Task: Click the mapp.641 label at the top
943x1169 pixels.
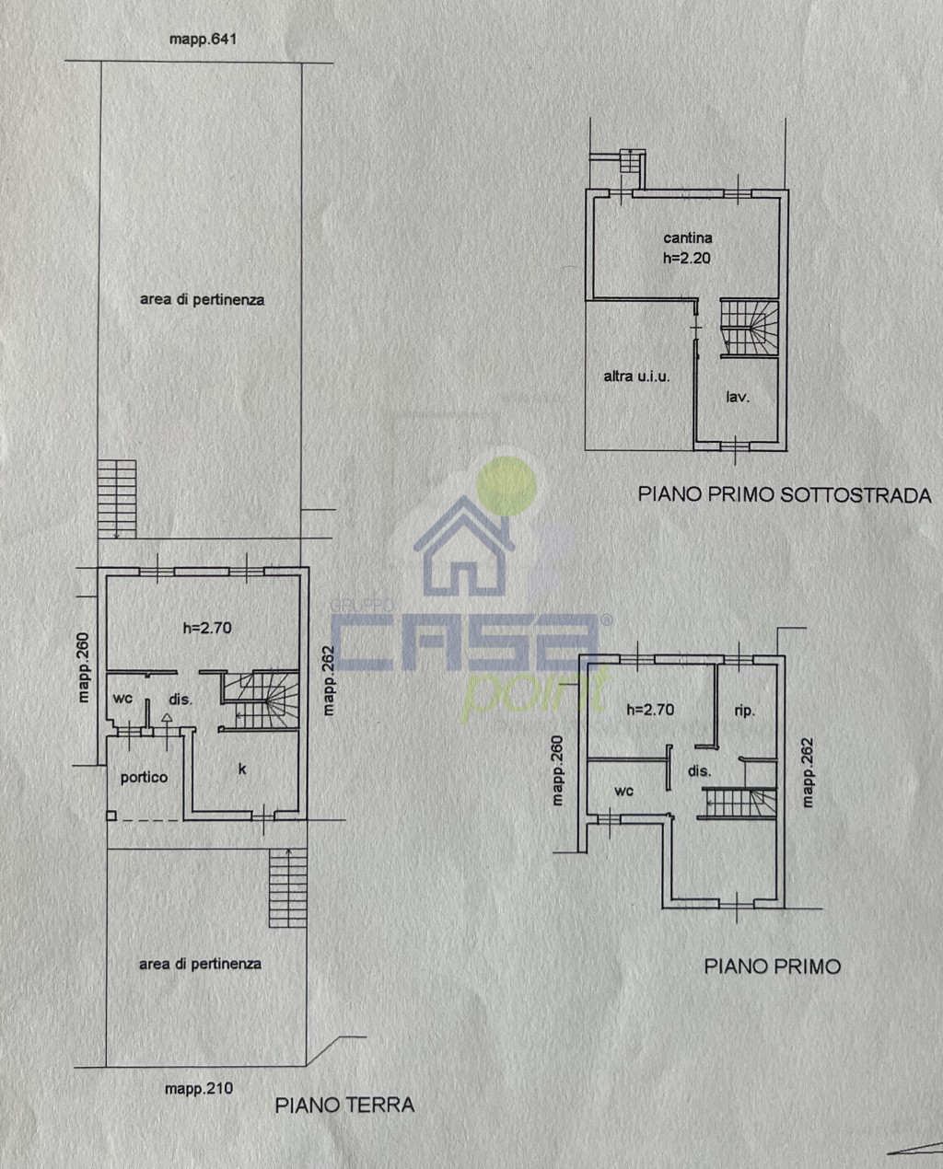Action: click(x=203, y=40)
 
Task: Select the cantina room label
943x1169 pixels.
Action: click(x=688, y=237)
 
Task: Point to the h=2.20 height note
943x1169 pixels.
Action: click(x=686, y=258)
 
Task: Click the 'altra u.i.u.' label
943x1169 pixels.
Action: click(x=636, y=376)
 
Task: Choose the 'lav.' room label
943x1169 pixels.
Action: click(x=738, y=397)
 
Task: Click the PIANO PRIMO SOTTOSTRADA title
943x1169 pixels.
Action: click(x=785, y=495)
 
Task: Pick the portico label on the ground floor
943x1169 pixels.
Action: click(x=144, y=778)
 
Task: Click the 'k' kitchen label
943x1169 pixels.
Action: click(x=242, y=769)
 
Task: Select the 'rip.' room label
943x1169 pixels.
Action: click(x=745, y=712)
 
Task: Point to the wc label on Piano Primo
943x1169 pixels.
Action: click(x=624, y=792)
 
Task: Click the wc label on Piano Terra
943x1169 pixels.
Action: click(x=122, y=698)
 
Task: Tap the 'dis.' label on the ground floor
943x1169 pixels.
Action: click(x=180, y=700)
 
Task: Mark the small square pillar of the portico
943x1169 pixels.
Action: click(x=111, y=816)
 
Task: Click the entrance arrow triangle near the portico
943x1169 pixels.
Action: click(x=167, y=718)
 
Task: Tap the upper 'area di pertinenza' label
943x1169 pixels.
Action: click(x=203, y=300)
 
